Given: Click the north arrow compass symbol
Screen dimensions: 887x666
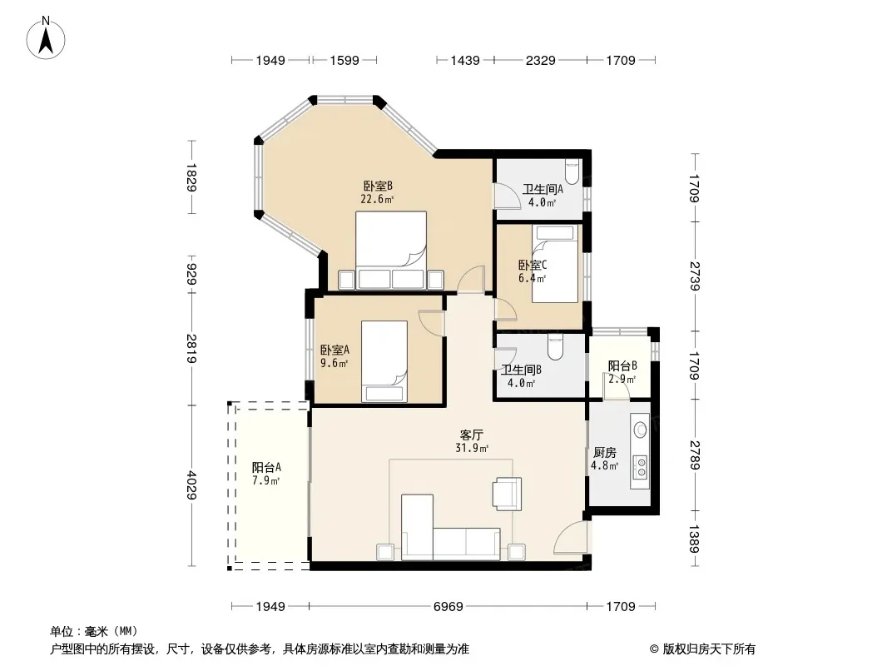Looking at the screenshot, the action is pos(46,37).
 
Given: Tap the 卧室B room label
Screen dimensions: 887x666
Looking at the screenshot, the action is pos(378,186).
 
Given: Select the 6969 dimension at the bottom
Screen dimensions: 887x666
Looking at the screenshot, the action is pos(448,607).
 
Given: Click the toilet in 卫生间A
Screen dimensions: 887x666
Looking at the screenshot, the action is pos(572,171).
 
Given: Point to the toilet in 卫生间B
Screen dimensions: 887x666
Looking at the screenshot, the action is pos(555,346).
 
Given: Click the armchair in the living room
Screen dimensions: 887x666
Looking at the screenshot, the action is pos(507,494).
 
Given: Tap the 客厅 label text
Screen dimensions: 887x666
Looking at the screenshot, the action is pos(471,435).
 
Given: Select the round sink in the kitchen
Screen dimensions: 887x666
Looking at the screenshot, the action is pos(641,430).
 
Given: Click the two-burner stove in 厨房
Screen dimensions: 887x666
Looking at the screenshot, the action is pos(642,467).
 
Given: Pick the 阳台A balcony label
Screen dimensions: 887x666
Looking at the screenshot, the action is pos(266,467).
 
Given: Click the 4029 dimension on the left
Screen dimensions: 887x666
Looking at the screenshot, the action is pos(191,485).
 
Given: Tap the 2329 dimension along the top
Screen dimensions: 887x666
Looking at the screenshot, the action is pos(540,60).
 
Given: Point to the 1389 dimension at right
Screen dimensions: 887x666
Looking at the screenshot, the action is pos(694,538).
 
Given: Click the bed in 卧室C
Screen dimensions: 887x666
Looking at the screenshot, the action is pos(555,264).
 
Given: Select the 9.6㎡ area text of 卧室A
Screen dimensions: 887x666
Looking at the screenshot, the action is pos(334,363).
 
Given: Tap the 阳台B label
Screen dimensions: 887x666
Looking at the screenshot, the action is pos(622,365).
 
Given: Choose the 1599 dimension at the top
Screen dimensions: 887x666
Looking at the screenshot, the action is pos(344,60).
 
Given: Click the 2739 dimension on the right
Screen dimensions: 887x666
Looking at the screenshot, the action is pos(694,276).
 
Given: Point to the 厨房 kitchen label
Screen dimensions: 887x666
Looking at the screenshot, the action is pos(605,453).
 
